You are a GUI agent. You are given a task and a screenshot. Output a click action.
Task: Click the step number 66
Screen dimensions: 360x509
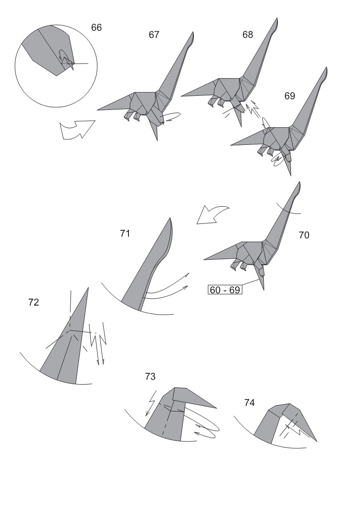click(x=96, y=28)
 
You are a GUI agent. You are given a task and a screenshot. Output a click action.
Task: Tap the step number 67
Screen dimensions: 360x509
click(x=154, y=35)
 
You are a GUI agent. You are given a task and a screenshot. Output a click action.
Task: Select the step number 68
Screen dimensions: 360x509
click(x=248, y=35)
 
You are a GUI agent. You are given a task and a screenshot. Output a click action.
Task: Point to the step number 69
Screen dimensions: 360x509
click(x=290, y=96)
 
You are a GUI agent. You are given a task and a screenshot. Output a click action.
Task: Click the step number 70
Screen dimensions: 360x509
click(x=304, y=235)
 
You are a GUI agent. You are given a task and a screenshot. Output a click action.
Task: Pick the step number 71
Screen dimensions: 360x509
click(x=125, y=233)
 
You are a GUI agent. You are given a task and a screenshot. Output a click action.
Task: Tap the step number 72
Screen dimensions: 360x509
click(x=34, y=302)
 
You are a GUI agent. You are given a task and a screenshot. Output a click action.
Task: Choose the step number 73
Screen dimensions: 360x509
click(x=150, y=376)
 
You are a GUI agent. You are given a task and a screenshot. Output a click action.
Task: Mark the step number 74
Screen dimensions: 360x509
click(x=249, y=403)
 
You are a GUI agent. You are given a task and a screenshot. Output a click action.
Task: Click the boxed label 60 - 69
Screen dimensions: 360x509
click(x=225, y=290)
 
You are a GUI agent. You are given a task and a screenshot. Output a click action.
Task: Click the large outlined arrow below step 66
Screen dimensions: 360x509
click(x=78, y=129)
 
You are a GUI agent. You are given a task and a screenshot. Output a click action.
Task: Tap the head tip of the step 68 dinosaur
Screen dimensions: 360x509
click(x=277, y=19)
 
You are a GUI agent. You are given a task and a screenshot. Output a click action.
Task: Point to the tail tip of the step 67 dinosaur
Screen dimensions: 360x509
click(x=97, y=110)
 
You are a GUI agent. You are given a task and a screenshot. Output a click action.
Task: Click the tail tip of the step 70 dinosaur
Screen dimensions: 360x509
click(x=204, y=259)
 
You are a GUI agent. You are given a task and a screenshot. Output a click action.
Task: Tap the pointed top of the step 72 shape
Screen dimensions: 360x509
click(x=88, y=287)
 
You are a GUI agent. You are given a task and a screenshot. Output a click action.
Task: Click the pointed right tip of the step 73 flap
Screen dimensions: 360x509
click(x=216, y=408)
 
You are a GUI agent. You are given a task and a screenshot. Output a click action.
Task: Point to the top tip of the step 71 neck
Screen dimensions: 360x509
click(x=170, y=218)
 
